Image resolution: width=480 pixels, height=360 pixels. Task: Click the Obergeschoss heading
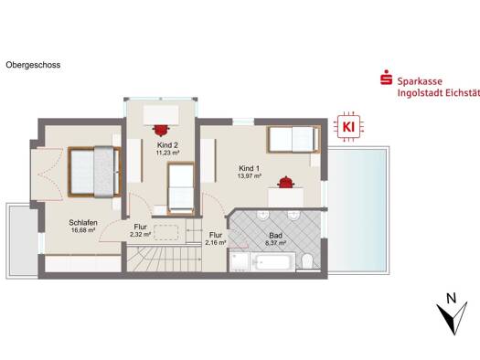click(x=33, y=65)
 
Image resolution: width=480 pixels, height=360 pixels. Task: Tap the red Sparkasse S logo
click(x=387, y=78)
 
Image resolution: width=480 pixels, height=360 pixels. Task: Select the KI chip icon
click(x=348, y=127)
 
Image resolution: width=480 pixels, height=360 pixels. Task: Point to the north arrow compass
click(x=453, y=315)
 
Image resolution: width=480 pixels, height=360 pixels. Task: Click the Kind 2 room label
click(x=167, y=145)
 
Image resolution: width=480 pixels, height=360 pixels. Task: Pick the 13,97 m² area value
click(x=250, y=175)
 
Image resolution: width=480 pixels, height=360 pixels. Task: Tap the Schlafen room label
click(x=83, y=223)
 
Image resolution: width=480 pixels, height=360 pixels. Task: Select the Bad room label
click(x=275, y=236)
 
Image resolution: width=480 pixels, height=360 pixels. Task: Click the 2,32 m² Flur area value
click(x=140, y=235)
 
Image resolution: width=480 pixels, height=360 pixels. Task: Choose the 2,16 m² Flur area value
click(x=216, y=242)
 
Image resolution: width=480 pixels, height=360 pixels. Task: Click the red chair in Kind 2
click(x=161, y=130)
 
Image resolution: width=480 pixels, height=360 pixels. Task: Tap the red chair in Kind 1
click(x=285, y=182)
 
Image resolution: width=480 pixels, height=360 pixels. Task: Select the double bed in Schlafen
click(x=94, y=172)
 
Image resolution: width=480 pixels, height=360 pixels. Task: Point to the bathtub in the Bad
click(x=272, y=262)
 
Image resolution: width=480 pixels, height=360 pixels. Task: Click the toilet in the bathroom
click(x=306, y=262)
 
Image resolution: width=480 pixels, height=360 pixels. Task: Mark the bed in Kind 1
click(x=294, y=139)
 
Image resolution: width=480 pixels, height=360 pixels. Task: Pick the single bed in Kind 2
click(x=181, y=188)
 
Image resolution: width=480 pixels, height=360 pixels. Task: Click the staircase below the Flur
click(x=165, y=259)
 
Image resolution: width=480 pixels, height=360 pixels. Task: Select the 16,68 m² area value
click(x=83, y=230)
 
